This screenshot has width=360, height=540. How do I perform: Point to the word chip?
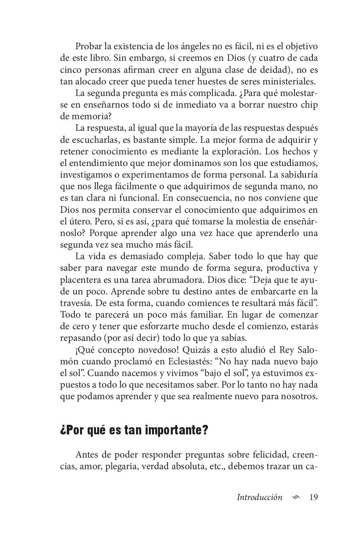[309, 105]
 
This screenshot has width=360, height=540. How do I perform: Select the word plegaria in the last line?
[121, 466]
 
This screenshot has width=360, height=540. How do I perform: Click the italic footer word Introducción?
[259, 497]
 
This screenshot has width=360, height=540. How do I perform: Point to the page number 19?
[314, 497]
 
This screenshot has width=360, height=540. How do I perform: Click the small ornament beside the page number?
[296, 498]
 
